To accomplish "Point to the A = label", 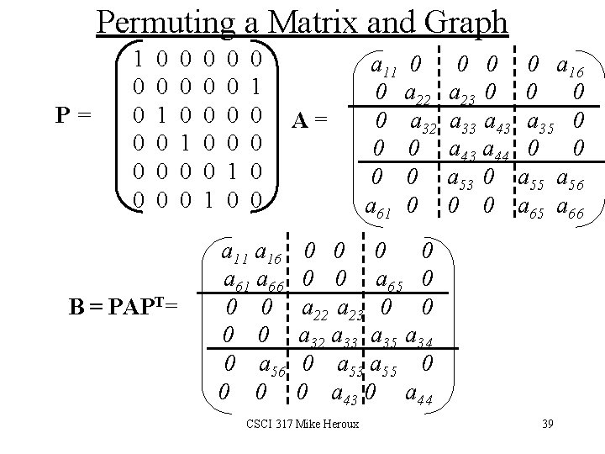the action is coord(312,121).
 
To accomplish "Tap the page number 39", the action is coord(548,424).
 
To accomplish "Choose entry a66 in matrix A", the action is coord(571,207).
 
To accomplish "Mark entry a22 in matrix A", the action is coord(417,93).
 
